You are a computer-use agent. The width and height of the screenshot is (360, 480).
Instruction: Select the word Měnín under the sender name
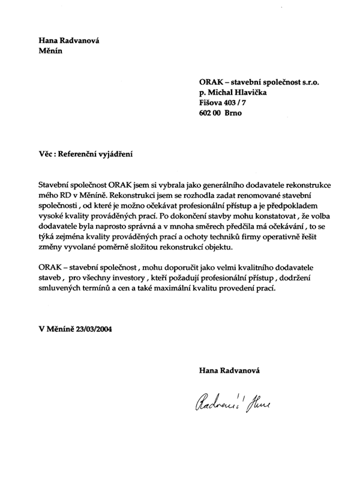[50, 51]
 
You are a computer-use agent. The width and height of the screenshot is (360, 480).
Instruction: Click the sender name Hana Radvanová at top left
[69, 40]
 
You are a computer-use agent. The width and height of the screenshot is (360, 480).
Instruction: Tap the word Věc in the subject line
[46, 153]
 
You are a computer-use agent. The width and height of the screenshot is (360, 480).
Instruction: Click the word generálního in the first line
[220, 187]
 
